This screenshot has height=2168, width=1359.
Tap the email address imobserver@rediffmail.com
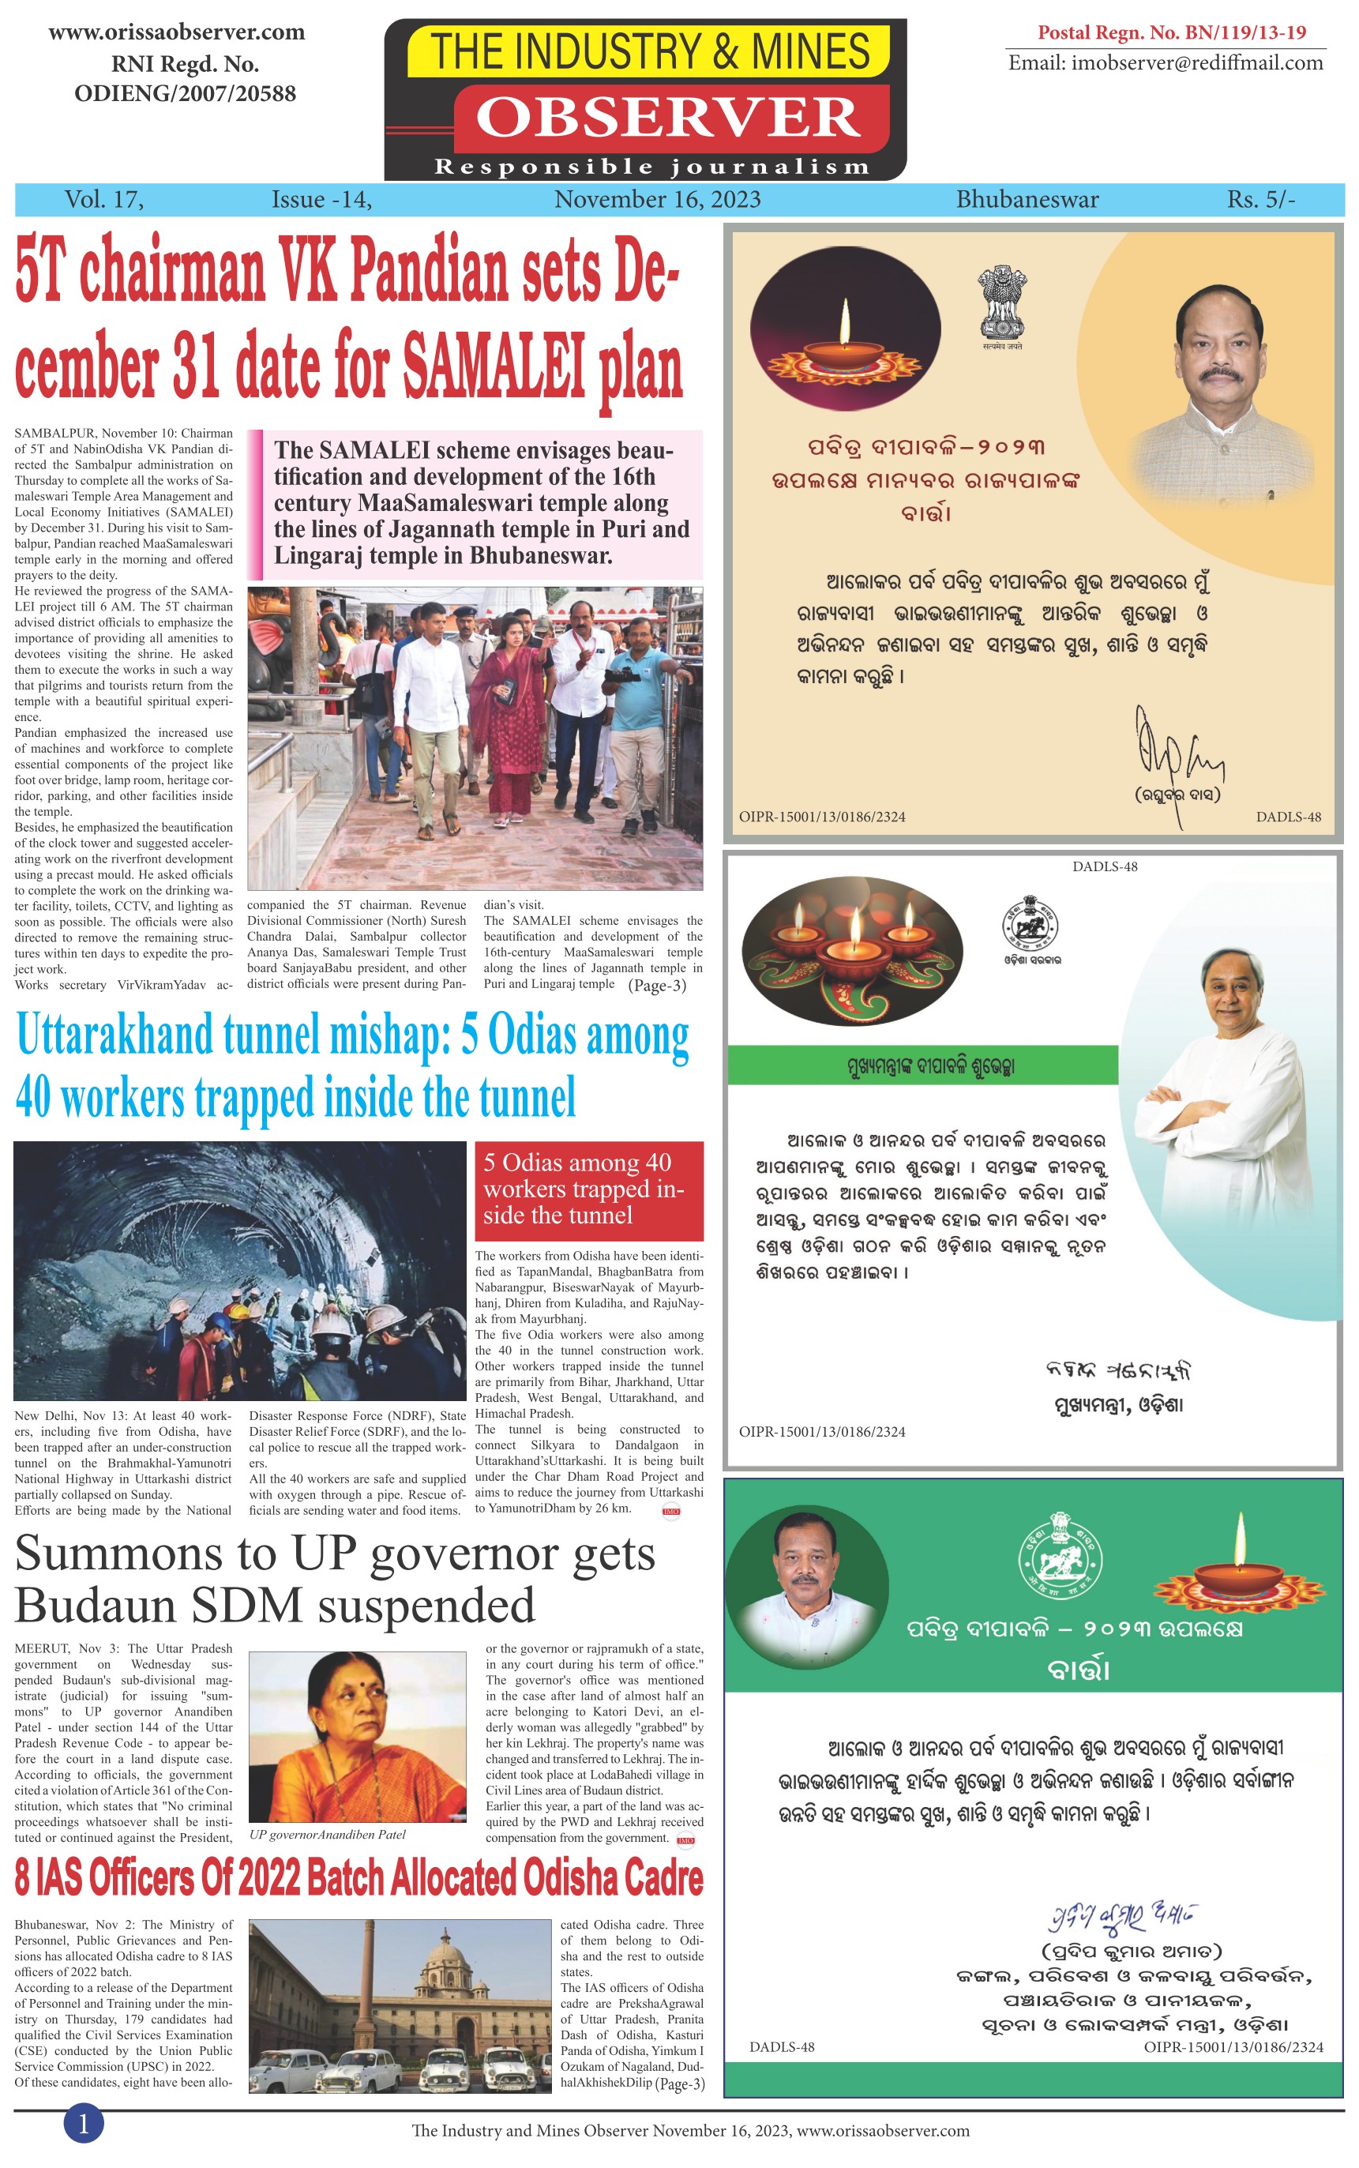[1165, 63]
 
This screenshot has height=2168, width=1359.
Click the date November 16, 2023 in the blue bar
[657, 200]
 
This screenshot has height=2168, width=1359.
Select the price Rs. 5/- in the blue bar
[1261, 200]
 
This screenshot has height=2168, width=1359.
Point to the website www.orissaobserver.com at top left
[176, 32]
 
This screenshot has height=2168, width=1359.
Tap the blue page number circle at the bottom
[84, 2123]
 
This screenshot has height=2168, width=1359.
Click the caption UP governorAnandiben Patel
[327, 1834]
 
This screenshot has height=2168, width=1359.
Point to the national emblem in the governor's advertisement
[1001, 303]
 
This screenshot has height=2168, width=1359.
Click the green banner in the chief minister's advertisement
[922, 1066]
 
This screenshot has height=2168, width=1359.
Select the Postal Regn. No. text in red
[1171, 32]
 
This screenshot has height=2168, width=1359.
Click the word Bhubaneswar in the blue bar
[1027, 200]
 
